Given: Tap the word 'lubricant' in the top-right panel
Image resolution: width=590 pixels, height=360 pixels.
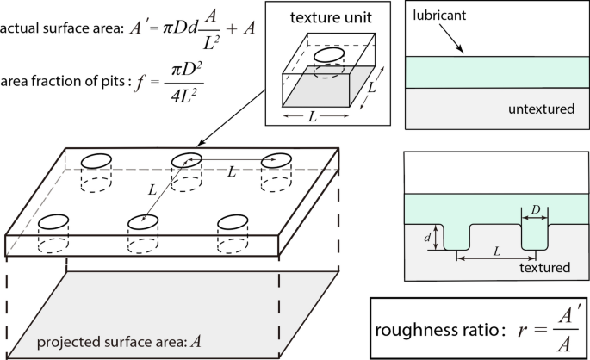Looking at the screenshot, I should pyautogui.click(x=442, y=16).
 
